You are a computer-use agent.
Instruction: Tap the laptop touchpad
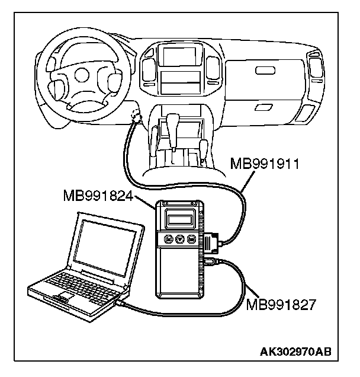[65, 295]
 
